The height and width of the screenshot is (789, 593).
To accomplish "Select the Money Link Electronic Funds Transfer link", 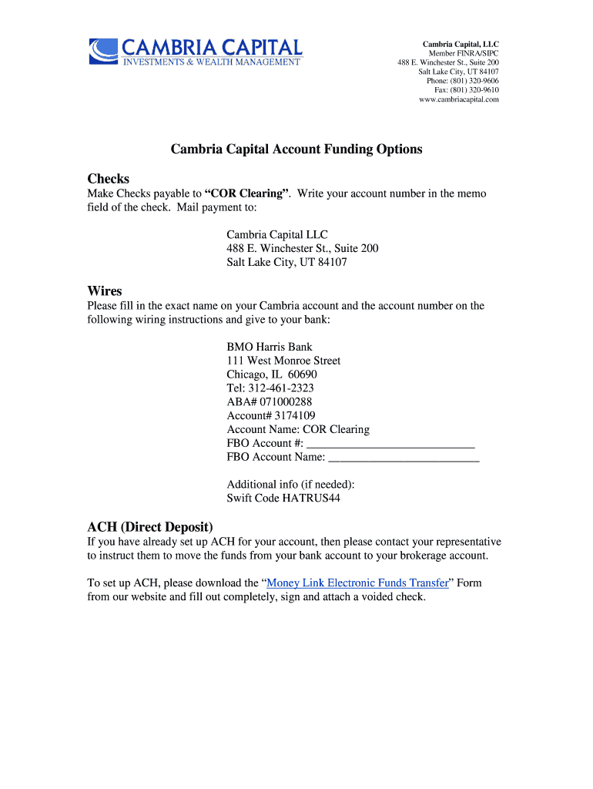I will click(x=357, y=583).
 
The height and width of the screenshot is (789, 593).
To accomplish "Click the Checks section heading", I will click(x=108, y=179).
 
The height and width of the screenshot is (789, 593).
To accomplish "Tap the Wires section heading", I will click(x=105, y=291).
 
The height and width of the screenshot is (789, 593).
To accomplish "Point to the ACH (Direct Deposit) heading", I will click(x=149, y=527).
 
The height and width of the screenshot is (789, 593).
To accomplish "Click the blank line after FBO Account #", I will click(x=390, y=444).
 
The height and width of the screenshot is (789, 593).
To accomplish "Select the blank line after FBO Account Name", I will click(x=404, y=458).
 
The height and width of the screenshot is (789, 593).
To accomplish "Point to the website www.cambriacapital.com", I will click(x=459, y=99).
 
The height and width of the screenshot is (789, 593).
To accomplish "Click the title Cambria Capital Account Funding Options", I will click(x=296, y=149).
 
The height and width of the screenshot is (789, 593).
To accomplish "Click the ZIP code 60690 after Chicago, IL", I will click(x=303, y=374).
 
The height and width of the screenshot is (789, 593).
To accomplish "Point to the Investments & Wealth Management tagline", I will click(x=212, y=62).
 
